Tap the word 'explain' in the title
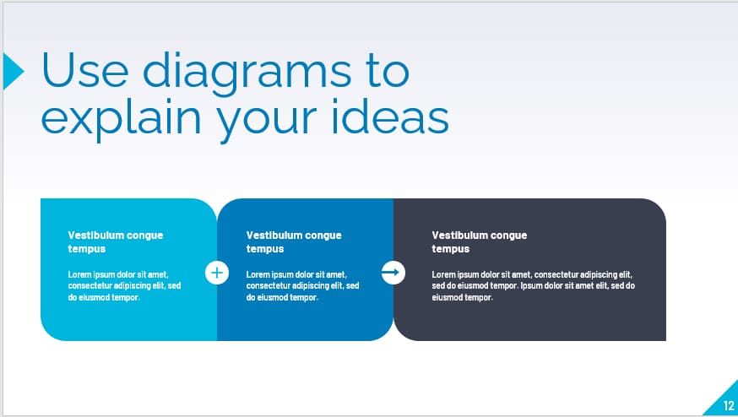tap(117, 118)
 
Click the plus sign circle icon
tap(217, 273)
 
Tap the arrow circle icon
tap(393, 273)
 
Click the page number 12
tap(729, 406)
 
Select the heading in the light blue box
tap(116, 242)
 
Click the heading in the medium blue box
tap(294, 242)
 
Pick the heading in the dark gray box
tap(480, 242)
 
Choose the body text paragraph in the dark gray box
tap(534, 286)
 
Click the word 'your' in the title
tap(269, 118)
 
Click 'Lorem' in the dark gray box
tap(443, 274)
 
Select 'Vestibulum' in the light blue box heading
tap(95, 236)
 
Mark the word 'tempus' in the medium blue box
tap(265, 249)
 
